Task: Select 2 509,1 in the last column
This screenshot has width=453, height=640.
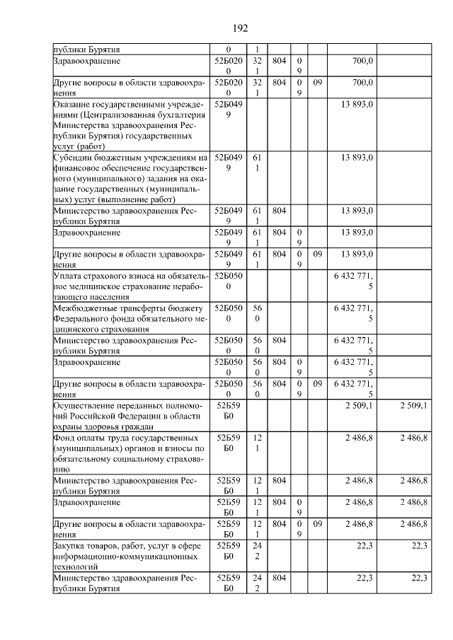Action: tap(413, 406)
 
